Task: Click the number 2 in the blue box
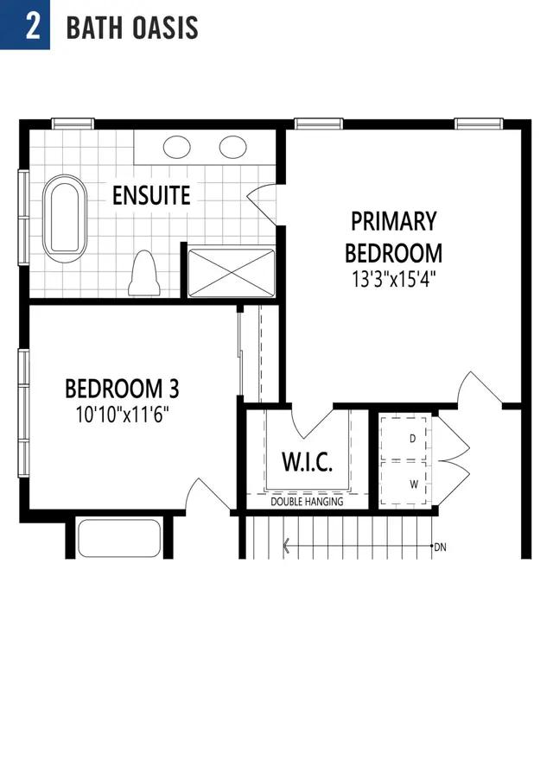click(x=33, y=26)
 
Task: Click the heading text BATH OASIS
click(x=132, y=28)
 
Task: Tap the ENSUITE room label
click(x=151, y=195)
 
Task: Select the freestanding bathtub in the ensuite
click(x=65, y=218)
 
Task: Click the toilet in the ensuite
click(x=144, y=273)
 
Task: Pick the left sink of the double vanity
click(x=176, y=148)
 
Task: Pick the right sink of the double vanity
click(x=232, y=148)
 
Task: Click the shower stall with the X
click(x=232, y=273)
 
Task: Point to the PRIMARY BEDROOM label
click(x=393, y=237)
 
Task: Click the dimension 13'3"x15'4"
click(x=393, y=280)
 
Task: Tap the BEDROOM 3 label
click(x=122, y=389)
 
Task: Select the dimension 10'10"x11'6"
click(x=122, y=415)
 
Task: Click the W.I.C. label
click(x=308, y=462)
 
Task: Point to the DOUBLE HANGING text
click(x=307, y=502)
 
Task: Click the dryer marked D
click(x=404, y=438)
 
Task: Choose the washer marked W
click(x=404, y=484)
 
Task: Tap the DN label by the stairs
click(x=440, y=548)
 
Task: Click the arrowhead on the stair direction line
click(x=286, y=546)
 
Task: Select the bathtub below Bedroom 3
click(x=119, y=539)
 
